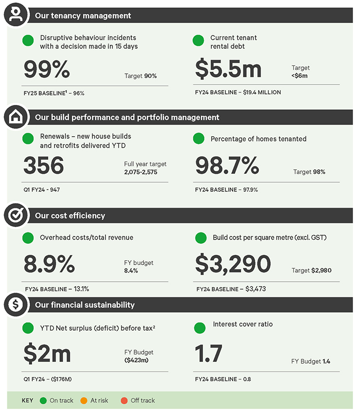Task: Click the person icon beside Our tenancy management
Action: click(16, 15)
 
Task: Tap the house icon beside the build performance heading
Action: click(16, 117)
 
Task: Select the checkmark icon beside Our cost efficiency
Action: click(16, 215)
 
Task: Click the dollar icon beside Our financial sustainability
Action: click(16, 305)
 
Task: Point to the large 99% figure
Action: click(47, 70)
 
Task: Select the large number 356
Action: click(44, 166)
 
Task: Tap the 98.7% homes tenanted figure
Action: click(227, 166)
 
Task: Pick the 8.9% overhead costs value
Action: click(49, 264)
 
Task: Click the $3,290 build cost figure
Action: click(233, 264)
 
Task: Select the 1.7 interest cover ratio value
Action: click(209, 354)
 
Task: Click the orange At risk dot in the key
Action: click(84, 400)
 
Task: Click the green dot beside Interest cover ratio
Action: click(200, 328)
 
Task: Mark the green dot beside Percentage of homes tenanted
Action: click(199, 139)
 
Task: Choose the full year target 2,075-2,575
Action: click(145, 173)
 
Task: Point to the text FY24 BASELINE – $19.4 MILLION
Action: click(238, 92)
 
